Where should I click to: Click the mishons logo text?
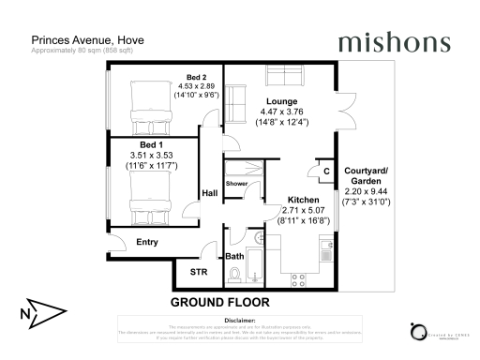[x=394, y=42]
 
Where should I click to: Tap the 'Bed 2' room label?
[x=196, y=77]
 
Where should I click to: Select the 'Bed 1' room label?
[x=141, y=145]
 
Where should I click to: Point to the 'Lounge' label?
[x=281, y=101]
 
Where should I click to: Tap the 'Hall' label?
[x=210, y=194]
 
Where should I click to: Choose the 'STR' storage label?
[x=199, y=273]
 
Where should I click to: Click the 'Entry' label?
[x=147, y=242]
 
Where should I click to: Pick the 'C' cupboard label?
[x=325, y=172]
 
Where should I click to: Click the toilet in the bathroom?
[x=235, y=275]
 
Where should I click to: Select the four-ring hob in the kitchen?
[x=301, y=277]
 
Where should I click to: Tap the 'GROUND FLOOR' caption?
[x=219, y=303]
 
